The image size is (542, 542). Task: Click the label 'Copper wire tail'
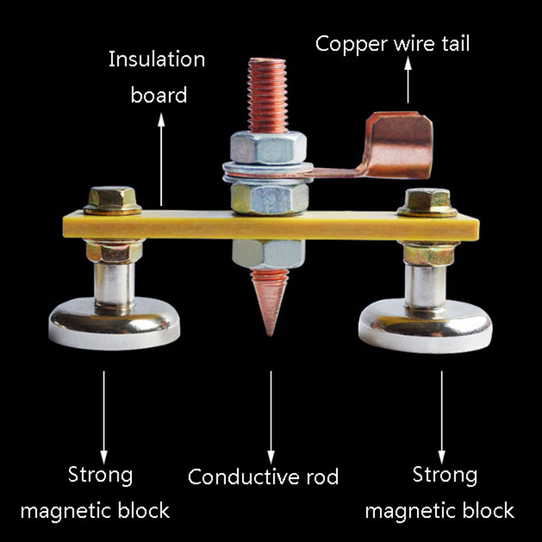pyautogui.click(x=393, y=44)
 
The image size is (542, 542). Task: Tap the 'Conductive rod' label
pyautogui.click(x=263, y=477)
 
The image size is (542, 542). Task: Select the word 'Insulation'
pyautogui.click(x=157, y=60)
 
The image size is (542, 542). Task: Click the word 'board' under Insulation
pyautogui.click(x=159, y=95)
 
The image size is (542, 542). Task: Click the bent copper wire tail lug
pyautogui.click(x=398, y=145)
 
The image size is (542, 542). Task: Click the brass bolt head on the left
pyautogui.click(x=113, y=199)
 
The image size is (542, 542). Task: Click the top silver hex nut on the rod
pyautogui.click(x=268, y=147)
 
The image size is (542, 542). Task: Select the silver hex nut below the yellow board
pyautogui.click(x=268, y=253)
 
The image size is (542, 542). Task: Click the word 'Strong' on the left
pyautogui.click(x=100, y=475)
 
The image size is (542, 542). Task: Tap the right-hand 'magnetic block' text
pyautogui.click(x=440, y=511)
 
